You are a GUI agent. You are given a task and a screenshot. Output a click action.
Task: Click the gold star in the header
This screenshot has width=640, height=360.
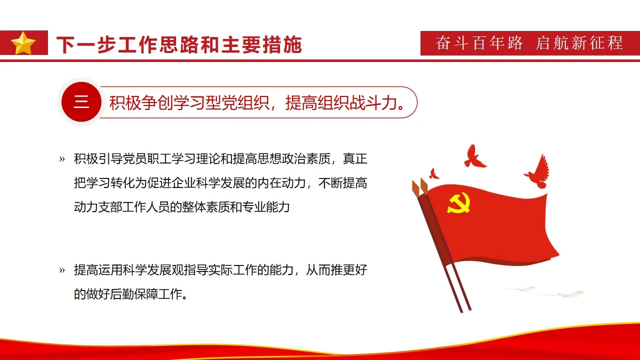point(23,43)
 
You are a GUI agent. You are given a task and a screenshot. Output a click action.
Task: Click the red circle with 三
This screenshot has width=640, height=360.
point(81,102)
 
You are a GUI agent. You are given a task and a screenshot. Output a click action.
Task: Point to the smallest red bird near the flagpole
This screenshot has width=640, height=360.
point(434,173)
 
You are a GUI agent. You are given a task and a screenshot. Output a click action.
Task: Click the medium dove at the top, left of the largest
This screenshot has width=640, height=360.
point(473,156)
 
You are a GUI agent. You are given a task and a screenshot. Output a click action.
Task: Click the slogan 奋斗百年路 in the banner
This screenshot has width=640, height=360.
point(479,43)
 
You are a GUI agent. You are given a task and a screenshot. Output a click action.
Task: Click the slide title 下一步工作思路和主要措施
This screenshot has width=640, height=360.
point(179,44)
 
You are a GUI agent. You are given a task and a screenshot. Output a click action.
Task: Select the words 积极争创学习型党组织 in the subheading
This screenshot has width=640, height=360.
point(190,103)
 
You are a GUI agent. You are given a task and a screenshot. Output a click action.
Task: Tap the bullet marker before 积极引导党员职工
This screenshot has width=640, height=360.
point(62,159)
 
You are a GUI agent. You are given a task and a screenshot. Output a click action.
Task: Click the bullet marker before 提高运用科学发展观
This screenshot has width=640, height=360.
point(62,270)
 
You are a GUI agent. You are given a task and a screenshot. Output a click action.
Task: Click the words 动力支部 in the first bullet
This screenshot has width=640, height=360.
point(98,206)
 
